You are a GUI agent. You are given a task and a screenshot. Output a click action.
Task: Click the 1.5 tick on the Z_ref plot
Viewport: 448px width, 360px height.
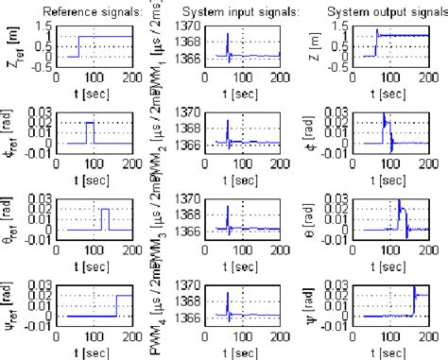43,26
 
